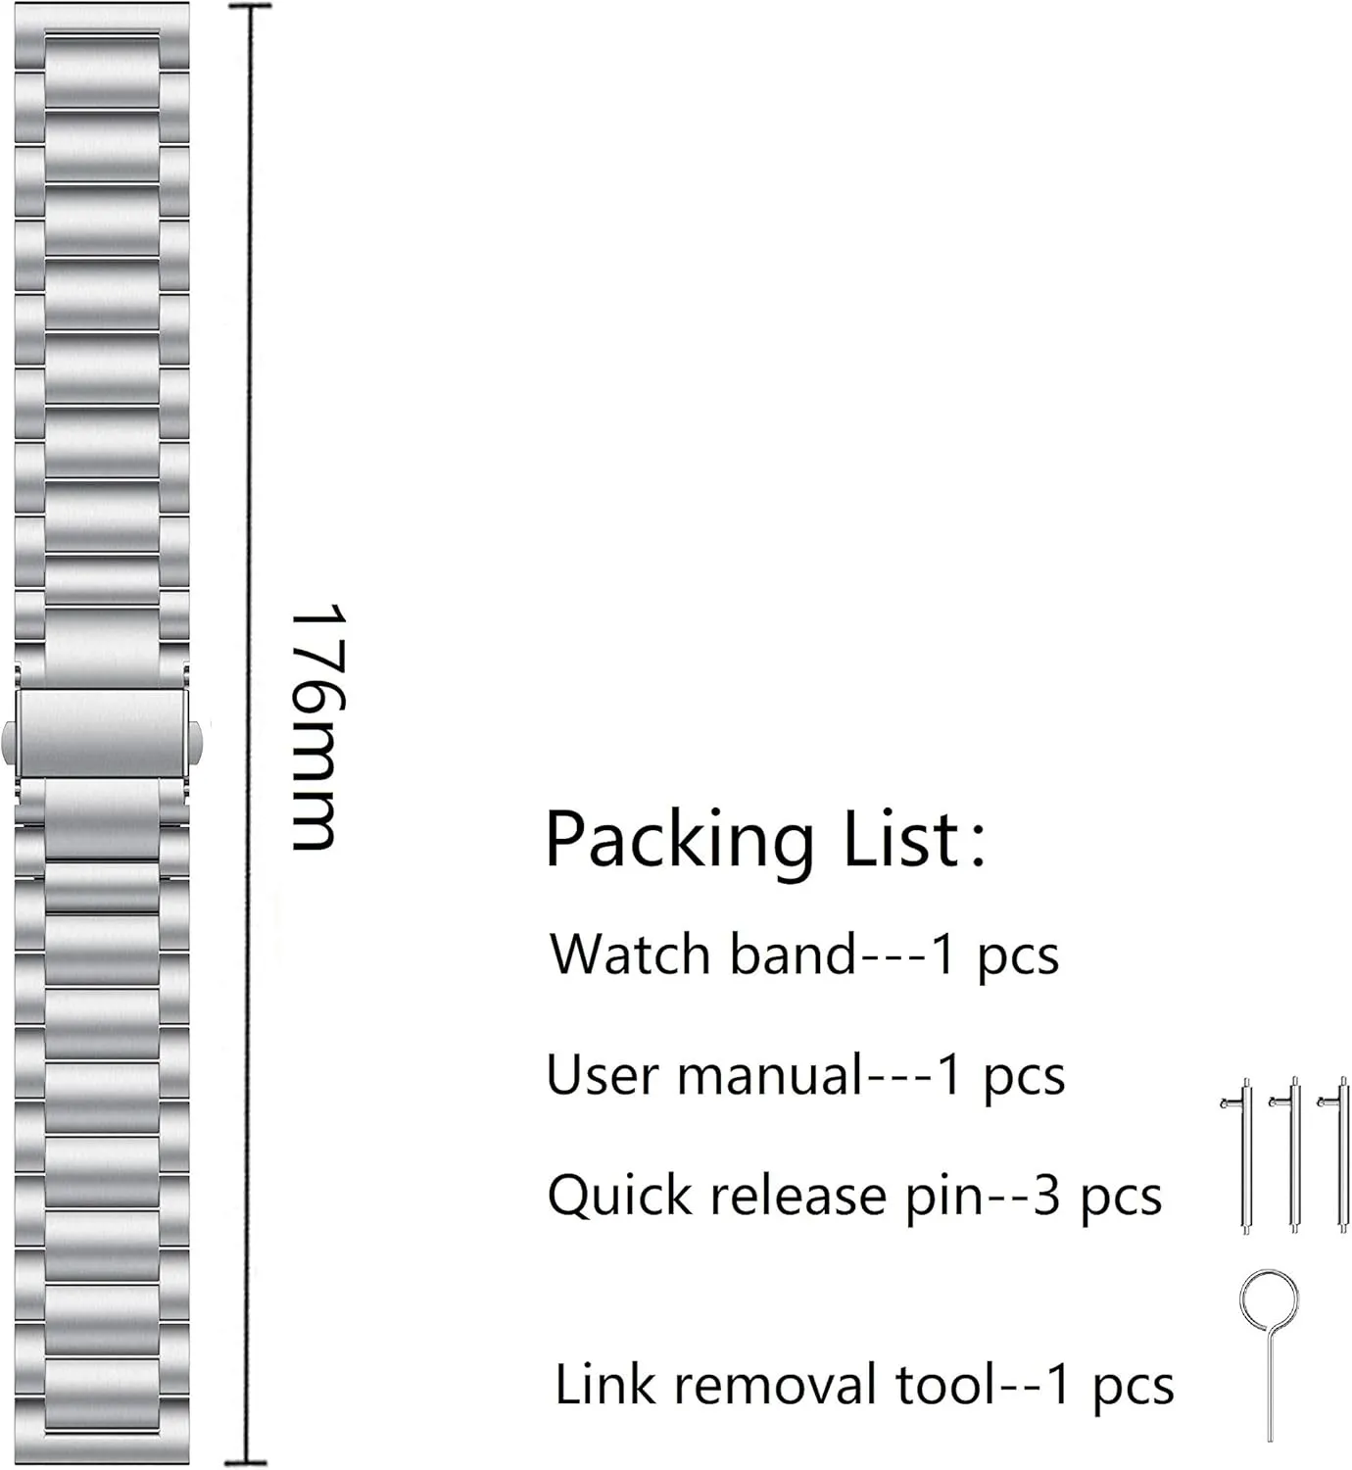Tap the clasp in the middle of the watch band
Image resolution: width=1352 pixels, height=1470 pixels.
point(102,734)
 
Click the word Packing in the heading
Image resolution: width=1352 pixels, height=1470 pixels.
point(679,840)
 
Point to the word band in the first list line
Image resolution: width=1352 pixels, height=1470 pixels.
point(793,954)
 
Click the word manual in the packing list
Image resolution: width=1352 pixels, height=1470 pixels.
point(769,1076)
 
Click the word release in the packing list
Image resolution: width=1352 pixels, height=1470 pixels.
point(798,1197)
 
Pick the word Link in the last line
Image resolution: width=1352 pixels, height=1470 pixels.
point(605,1385)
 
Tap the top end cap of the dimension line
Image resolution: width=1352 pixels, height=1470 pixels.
point(250,6)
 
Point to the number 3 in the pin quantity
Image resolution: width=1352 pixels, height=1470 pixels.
point(1046,1197)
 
